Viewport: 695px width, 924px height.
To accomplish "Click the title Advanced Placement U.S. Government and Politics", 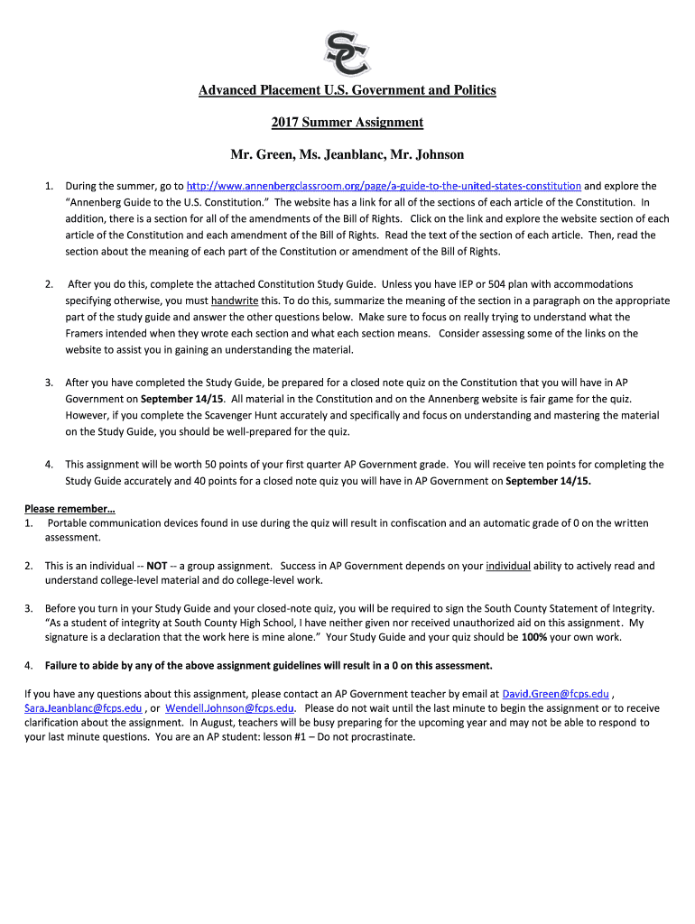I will [x=347, y=90].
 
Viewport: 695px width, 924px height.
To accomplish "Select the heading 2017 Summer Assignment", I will [x=347, y=123].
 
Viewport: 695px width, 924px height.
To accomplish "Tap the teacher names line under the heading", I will [x=347, y=155].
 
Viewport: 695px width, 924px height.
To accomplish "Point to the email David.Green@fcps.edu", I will [x=555, y=694].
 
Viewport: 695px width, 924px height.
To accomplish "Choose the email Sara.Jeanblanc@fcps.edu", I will [x=83, y=708].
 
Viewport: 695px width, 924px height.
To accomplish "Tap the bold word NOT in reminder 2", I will [x=156, y=566].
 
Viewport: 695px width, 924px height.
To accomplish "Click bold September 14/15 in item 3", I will [x=181, y=399].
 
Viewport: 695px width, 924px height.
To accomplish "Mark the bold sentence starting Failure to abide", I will [x=269, y=666].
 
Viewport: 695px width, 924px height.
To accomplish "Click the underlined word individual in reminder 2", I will [x=508, y=566].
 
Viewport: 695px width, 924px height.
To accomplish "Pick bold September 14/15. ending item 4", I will [x=549, y=481].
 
